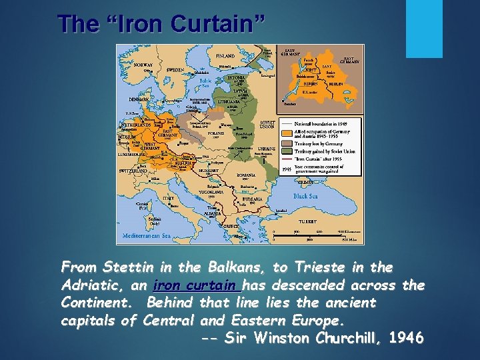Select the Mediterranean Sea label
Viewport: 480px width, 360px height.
coord(147,235)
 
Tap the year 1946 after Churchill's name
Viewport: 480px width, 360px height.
coord(405,338)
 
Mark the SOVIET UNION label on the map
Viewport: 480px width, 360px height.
coord(267,125)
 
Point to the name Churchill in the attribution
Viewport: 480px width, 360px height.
coord(341,338)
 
